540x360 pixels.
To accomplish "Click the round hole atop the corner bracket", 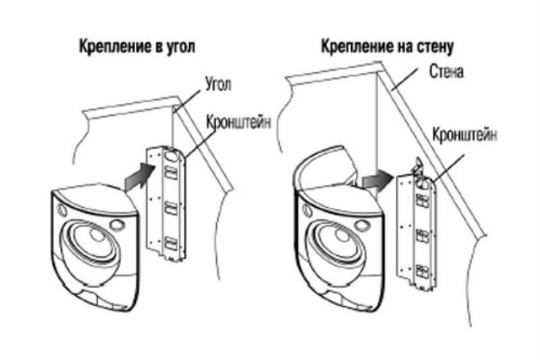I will coord(172,155).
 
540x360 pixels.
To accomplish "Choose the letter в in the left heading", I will coord(154,48).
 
